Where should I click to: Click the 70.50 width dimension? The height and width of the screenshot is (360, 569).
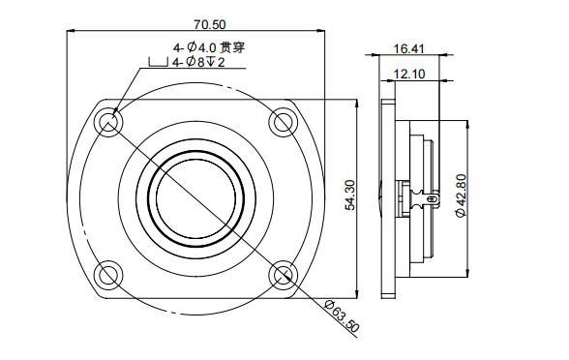click(196, 21)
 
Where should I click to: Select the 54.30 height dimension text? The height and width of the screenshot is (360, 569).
click(349, 195)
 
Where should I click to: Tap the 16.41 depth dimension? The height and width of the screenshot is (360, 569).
click(410, 47)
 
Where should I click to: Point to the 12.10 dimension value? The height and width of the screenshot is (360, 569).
click(410, 73)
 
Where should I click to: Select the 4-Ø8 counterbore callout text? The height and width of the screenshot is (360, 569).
click(197, 64)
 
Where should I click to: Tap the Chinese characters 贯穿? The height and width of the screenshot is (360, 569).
click(234, 46)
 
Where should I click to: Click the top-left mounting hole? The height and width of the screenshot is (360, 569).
click(109, 123)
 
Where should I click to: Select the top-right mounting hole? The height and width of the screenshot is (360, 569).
click(283, 122)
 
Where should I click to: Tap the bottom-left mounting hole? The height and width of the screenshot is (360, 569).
click(109, 275)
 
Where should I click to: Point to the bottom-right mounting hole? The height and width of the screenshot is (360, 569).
click(283, 275)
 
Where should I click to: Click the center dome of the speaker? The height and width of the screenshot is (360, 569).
click(195, 198)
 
